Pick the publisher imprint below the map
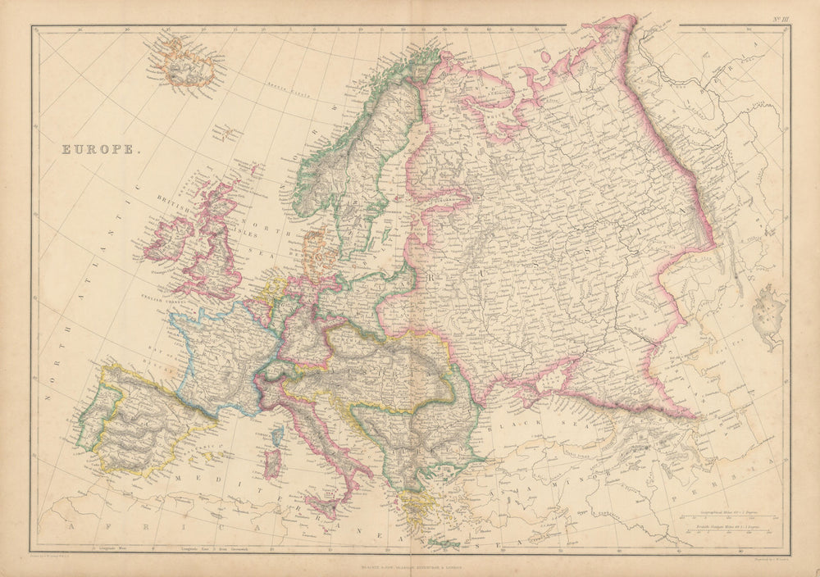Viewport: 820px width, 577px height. click(x=410, y=566)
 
